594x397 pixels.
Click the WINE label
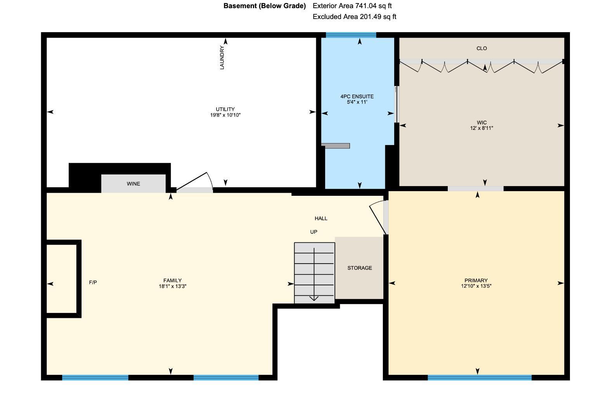pyautogui.click(x=133, y=184)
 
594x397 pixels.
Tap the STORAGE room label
pyautogui.click(x=359, y=268)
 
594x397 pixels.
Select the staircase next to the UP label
pyautogui.click(x=314, y=273)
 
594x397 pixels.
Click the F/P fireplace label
pyautogui.click(x=93, y=283)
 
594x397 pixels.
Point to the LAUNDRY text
pyautogui.click(x=222, y=58)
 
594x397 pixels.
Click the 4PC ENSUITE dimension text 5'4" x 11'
pyautogui.click(x=357, y=102)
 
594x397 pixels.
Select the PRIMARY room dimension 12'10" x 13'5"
pyautogui.click(x=476, y=286)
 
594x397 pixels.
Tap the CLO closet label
pyautogui.click(x=481, y=48)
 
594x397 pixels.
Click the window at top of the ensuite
pyautogui.click(x=351, y=35)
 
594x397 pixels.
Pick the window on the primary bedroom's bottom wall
pyautogui.click(x=479, y=377)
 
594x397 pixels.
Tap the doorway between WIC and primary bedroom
pyautogui.click(x=475, y=188)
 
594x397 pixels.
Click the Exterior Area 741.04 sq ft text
pyautogui.click(x=352, y=6)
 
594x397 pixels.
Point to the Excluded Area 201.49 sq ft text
pyautogui.click(x=354, y=17)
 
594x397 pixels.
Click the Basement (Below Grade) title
pyautogui.click(x=265, y=6)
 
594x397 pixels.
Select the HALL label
pyautogui.click(x=321, y=219)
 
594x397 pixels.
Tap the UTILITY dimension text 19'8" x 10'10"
pyautogui.click(x=225, y=115)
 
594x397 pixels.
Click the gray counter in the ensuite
pyautogui.click(x=336, y=146)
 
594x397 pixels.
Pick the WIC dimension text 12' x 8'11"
pyautogui.click(x=481, y=128)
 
